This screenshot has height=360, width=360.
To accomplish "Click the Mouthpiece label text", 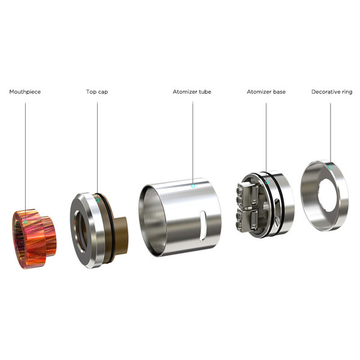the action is pos(25,92).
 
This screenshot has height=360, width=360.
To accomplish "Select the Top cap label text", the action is pos(97,92).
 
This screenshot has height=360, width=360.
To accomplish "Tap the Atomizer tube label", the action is pos(192,92).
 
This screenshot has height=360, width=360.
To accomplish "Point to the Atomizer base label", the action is pos(266,92).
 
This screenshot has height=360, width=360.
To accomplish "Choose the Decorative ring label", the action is pos(332,92).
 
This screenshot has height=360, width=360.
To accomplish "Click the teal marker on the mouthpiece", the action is pos(26,222).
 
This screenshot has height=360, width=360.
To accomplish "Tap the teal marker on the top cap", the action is pos(97,200).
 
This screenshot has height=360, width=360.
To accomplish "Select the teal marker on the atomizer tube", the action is pos(193,186).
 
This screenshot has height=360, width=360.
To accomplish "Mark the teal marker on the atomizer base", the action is pos(267,182).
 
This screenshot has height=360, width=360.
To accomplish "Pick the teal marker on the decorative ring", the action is pos(330,167).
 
